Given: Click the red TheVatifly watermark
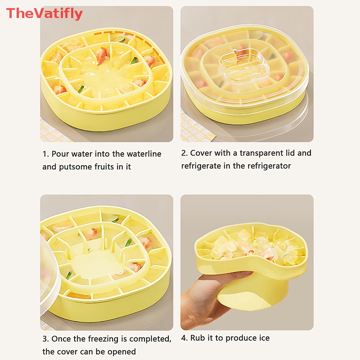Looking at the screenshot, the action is [44, 13].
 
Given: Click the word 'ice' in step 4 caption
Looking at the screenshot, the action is [264, 338].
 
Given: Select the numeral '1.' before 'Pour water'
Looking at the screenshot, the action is [46, 154].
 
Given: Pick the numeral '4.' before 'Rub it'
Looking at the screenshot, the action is [184, 338].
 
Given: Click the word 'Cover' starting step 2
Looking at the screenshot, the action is [201, 153].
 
